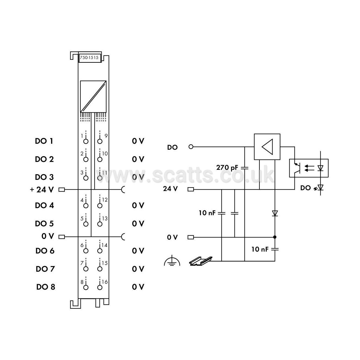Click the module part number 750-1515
coord(89,58)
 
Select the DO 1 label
coord(44,141)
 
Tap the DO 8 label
coord(46,287)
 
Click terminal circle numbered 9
coord(100,142)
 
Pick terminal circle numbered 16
coord(100,287)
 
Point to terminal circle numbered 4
coord(86,206)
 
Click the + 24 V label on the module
coord(42,190)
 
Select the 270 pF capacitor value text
coord(227,167)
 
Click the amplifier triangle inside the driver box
coord(267,147)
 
